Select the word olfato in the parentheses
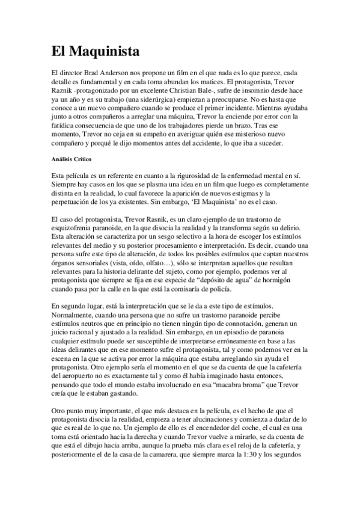pyautogui.click(x=184, y=263)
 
